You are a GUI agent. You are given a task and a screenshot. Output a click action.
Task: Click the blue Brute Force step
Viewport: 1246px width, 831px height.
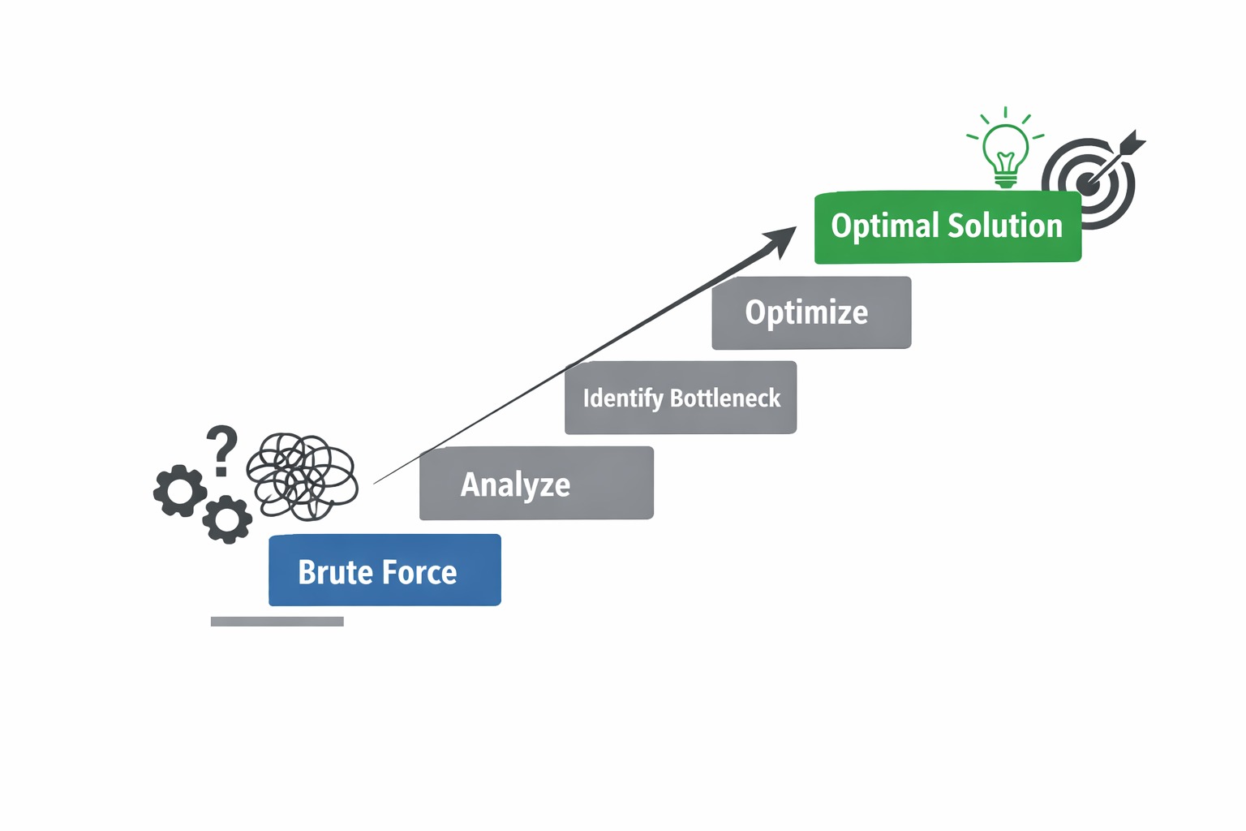(x=385, y=570)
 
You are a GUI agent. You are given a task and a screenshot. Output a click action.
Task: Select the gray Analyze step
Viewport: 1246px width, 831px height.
(x=536, y=483)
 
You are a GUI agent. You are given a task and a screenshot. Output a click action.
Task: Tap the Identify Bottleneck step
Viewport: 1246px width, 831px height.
(x=681, y=398)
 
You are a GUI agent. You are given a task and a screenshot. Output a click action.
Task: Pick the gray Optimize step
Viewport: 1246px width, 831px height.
(x=811, y=312)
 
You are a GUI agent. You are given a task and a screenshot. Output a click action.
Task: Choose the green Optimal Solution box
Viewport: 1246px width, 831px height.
(x=947, y=226)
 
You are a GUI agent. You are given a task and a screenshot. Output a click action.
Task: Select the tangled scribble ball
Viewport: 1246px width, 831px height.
(x=302, y=476)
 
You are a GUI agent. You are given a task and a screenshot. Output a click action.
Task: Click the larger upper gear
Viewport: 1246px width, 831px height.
(x=179, y=490)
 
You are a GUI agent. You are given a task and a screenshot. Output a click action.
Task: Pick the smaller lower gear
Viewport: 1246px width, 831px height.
(x=227, y=519)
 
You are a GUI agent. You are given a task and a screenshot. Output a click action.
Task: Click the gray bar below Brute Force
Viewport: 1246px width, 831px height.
(x=277, y=622)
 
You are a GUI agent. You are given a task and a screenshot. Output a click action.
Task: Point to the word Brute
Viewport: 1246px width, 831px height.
(x=333, y=572)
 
